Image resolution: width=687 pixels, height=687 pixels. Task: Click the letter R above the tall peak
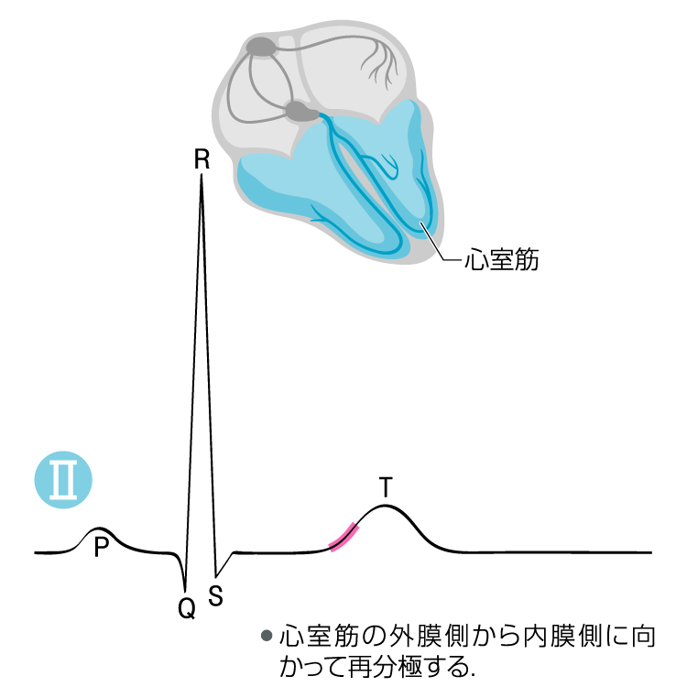point(202,159)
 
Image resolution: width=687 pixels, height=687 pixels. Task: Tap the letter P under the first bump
point(101,547)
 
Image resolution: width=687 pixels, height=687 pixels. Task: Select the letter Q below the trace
point(187,608)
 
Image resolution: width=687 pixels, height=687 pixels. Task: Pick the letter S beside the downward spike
point(215,595)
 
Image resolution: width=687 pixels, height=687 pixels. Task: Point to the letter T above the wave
point(386,487)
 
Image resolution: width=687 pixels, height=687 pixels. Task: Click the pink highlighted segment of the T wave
point(344,537)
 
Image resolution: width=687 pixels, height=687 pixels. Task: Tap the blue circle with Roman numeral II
point(63,480)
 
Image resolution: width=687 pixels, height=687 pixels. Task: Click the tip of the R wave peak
point(202,174)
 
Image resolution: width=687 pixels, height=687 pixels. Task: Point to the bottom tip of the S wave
point(216,576)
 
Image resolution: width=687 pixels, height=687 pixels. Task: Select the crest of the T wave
point(385,506)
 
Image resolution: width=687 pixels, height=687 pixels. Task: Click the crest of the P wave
point(99,529)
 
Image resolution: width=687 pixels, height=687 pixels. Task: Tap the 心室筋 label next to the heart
point(502,260)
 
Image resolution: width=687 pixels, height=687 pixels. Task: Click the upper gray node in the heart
point(262,47)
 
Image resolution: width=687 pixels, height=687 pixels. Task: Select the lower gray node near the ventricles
point(302,111)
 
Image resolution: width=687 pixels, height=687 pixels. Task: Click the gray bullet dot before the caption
point(267,636)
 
